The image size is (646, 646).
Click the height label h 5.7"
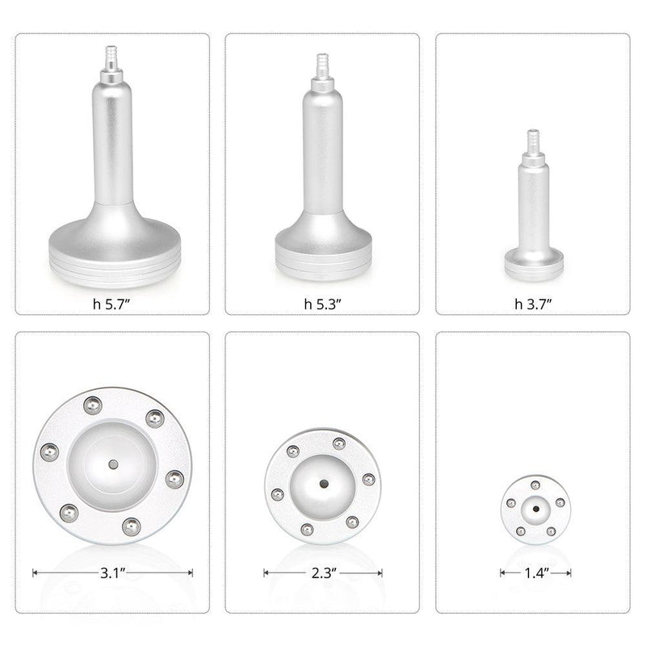point(112,304)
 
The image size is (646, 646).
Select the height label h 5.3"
point(322,304)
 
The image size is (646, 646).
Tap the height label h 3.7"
point(532,304)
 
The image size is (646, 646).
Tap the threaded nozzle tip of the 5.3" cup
point(323,65)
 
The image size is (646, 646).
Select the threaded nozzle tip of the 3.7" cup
point(533,139)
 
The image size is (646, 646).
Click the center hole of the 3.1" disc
point(112,464)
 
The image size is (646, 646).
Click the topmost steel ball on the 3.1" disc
point(94,403)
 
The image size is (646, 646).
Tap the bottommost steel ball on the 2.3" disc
point(307,529)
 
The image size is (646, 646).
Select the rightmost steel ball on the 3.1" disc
point(173,479)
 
